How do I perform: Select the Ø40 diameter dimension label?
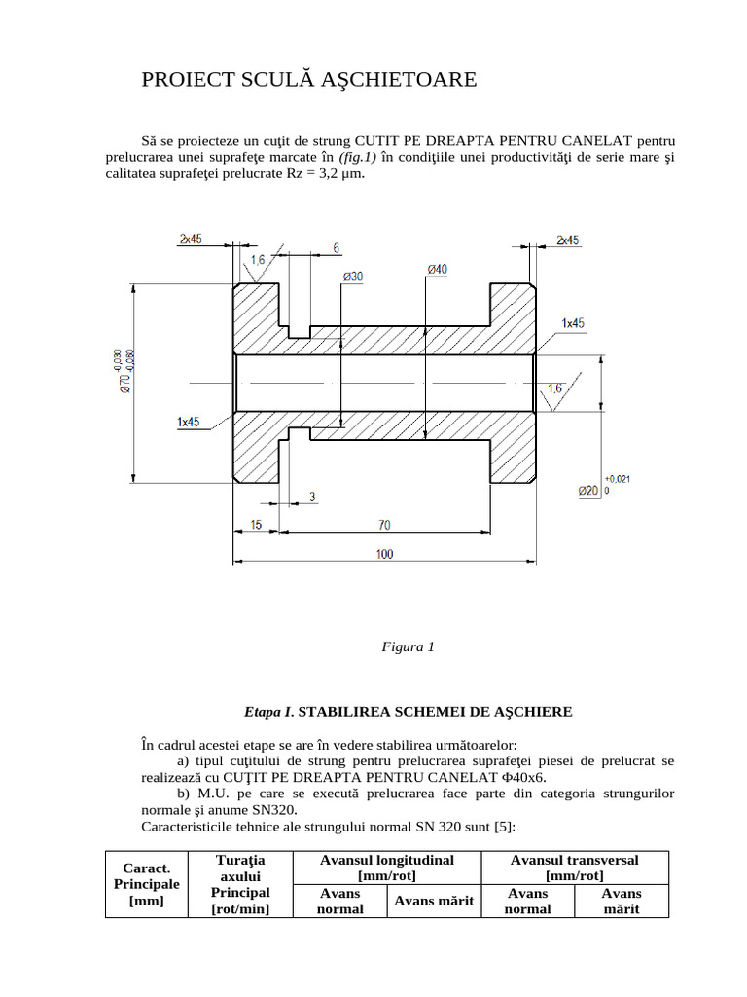(x=437, y=269)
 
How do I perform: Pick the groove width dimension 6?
(x=336, y=248)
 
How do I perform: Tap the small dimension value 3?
(x=311, y=498)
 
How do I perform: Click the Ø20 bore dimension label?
(x=587, y=491)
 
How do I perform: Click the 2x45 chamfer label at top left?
(x=190, y=240)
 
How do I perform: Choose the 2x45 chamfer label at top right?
(x=568, y=240)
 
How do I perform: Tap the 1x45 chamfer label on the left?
(x=188, y=422)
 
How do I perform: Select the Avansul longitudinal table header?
(x=387, y=868)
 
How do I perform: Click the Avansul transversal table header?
(x=574, y=868)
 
